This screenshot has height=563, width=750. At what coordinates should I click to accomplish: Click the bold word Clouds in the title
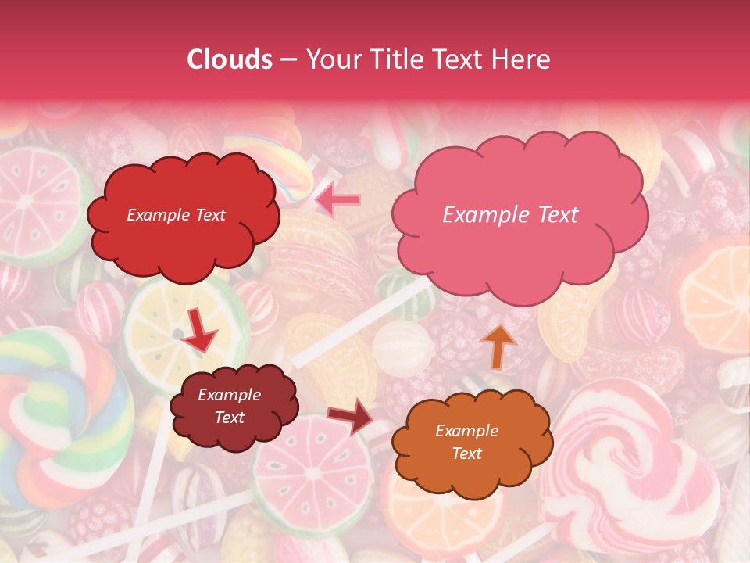(x=230, y=59)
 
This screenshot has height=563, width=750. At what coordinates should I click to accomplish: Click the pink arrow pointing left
(x=337, y=199)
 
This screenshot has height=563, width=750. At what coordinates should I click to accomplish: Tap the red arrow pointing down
(x=200, y=333)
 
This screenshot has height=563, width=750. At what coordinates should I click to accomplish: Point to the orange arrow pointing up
(x=498, y=346)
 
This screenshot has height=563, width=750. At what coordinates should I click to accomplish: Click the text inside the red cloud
(x=176, y=215)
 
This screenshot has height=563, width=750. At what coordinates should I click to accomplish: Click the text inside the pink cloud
(x=510, y=215)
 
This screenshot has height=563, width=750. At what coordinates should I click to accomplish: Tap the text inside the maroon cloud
(x=230, y=407)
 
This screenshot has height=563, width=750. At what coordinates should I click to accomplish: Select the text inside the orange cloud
(x=466, y=442)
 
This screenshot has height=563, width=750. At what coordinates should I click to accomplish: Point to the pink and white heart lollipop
(x=625, y=461)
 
